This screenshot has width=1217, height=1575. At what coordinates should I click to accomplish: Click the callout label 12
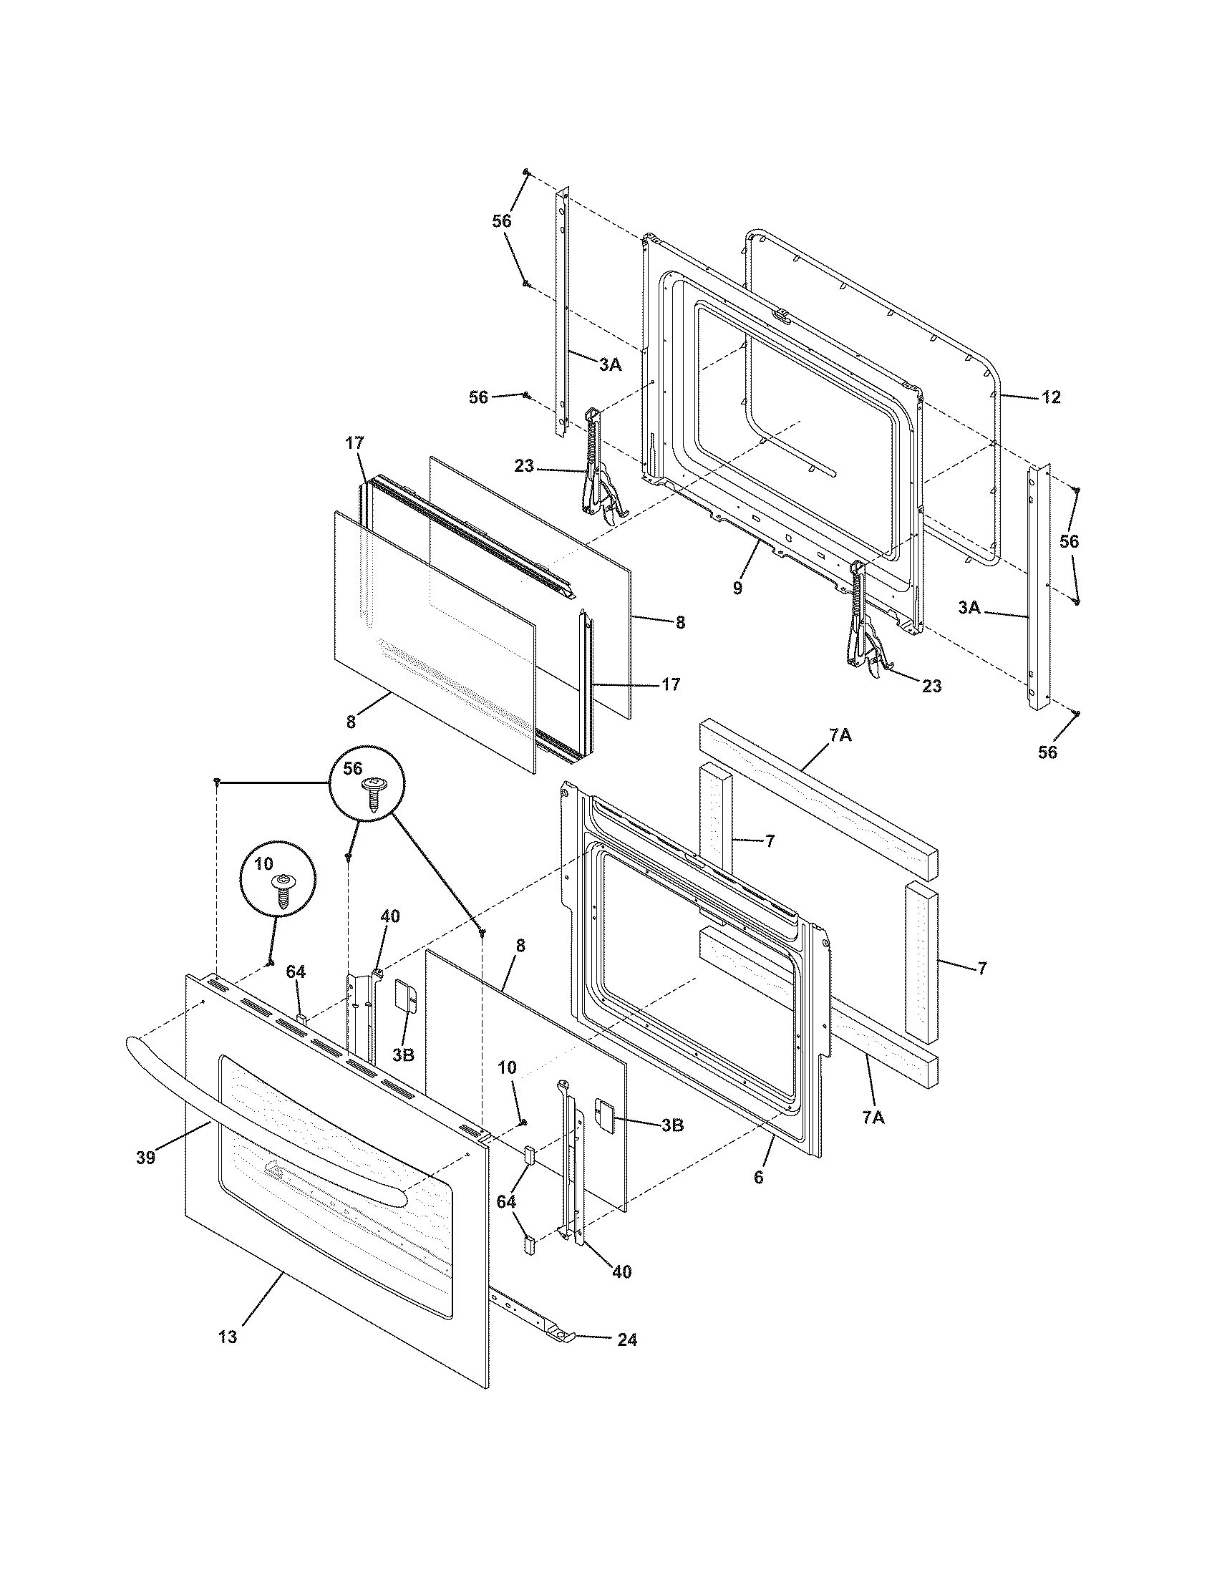1051,397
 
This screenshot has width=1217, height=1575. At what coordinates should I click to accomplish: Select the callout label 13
227,1337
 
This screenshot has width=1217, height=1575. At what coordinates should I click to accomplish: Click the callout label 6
757,1178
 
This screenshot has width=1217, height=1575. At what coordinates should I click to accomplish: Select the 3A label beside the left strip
610,365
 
